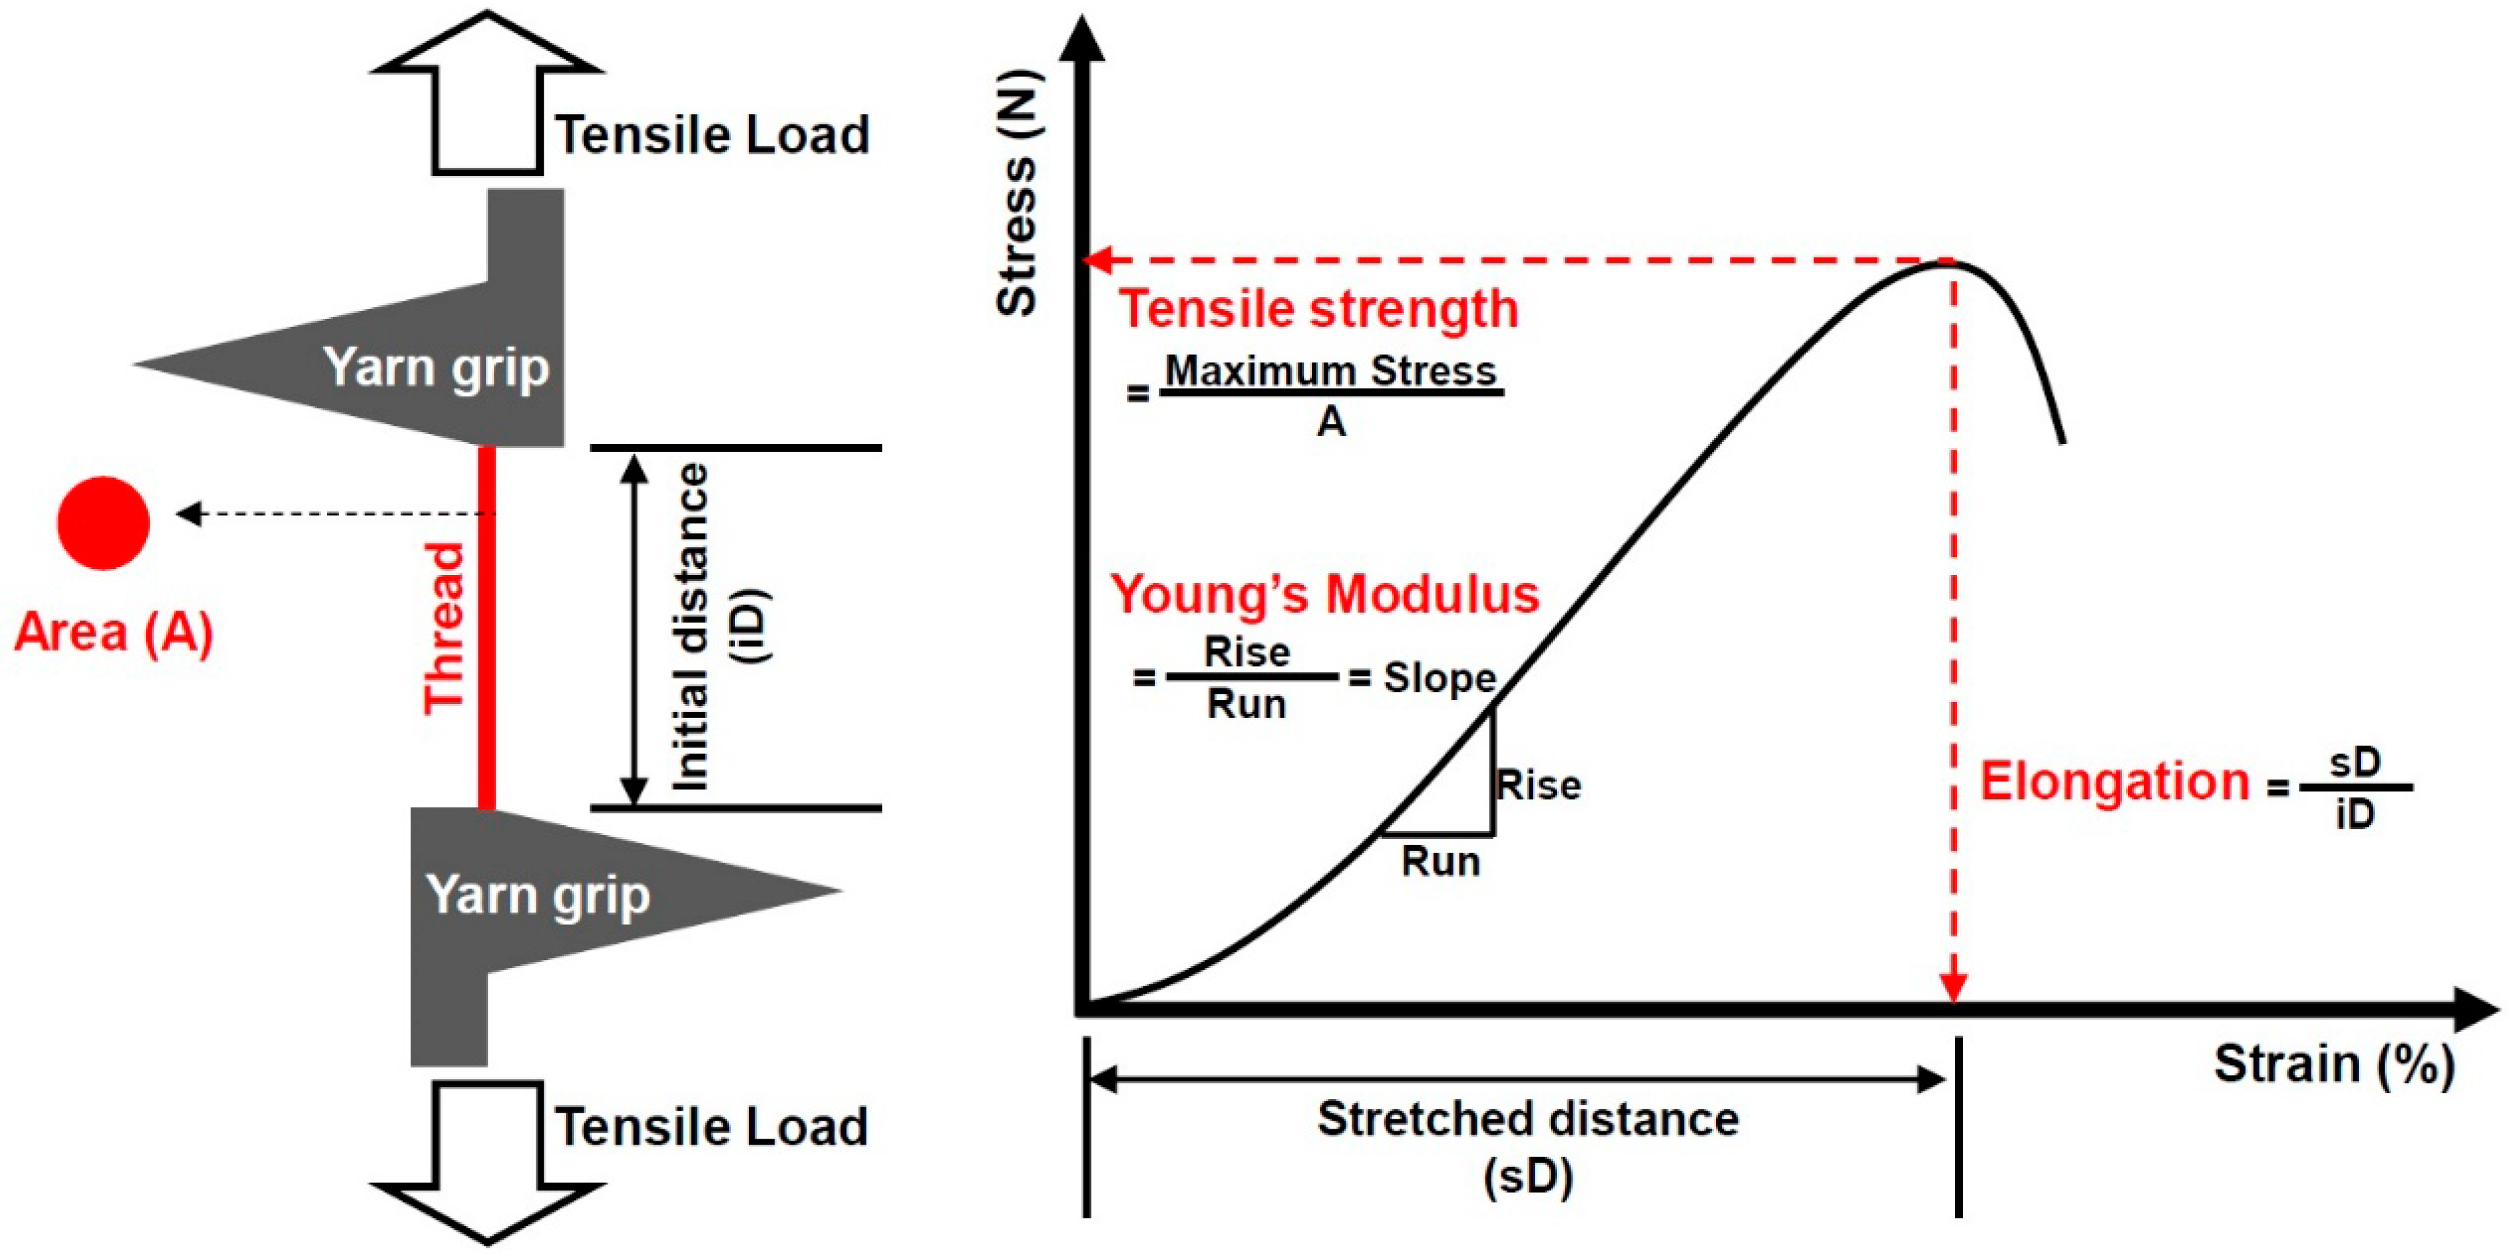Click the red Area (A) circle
pyautogui.click(x=103, y=524)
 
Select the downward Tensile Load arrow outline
pyautogui.click(x=487, y=1159)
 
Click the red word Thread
pyautogui.click(x=444, y=628)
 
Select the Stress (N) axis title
pyautogui.click(x=1017, y=193)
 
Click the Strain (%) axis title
pyautogui.click(x=2333, y=1064)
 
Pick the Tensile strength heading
pyautogui.click(x=1318, y=309)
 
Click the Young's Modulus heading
pyautogui.click(x=1325, y=594)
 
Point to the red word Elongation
pyautogui.click(x=2114, y=782)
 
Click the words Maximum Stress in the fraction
pyautogui.click(x=1331, y=371)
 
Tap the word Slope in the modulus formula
pyautogui.click(x=1440, y=678)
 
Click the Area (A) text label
pyautogui.click(x=113, y=633)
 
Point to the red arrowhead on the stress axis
pyautogui.click(x=1099, y=260)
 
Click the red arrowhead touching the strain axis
pyautogui.click(x=1953, y=986)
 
